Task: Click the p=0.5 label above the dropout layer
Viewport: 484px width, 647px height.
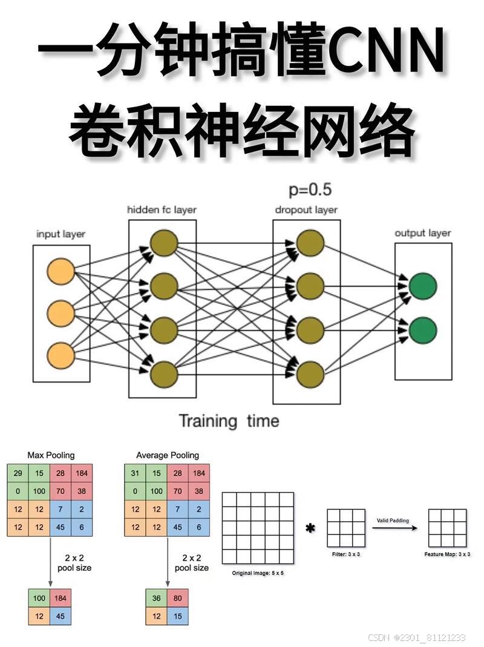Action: [x=310, y=189]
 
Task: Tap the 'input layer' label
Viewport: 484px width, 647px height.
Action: [x=60, y=234]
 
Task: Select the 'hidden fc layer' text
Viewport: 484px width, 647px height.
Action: [x=162, y=210]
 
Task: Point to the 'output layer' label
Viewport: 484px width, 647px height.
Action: [x=423, y=233]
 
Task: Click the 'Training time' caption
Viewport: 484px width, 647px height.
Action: [x=229, y=421]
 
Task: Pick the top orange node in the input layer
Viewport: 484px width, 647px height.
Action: [x=60, y=271]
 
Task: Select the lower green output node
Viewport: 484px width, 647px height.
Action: [x=423, y=330]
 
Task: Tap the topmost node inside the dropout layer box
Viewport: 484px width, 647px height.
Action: [x=310, y=243]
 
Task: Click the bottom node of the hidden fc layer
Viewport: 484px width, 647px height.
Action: [x=163, y=375]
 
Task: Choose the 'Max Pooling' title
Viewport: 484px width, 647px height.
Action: [x=51, y=455]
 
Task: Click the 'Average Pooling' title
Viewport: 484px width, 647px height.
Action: [x=168, y=455]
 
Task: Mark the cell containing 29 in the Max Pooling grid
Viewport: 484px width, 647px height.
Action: [x=18, y=473]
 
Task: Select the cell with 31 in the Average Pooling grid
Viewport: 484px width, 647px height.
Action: [x=135, y=473]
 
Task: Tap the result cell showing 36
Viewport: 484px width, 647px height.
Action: [x=157, y=599]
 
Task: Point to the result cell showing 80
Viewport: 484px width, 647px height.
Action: [x=178, y=599]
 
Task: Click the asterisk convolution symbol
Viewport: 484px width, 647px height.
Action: [x=310, y=528]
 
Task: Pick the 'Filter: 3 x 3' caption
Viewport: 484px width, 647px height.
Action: [x=347, y=554]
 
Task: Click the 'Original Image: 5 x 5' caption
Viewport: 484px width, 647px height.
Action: [x=258, y=572]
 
